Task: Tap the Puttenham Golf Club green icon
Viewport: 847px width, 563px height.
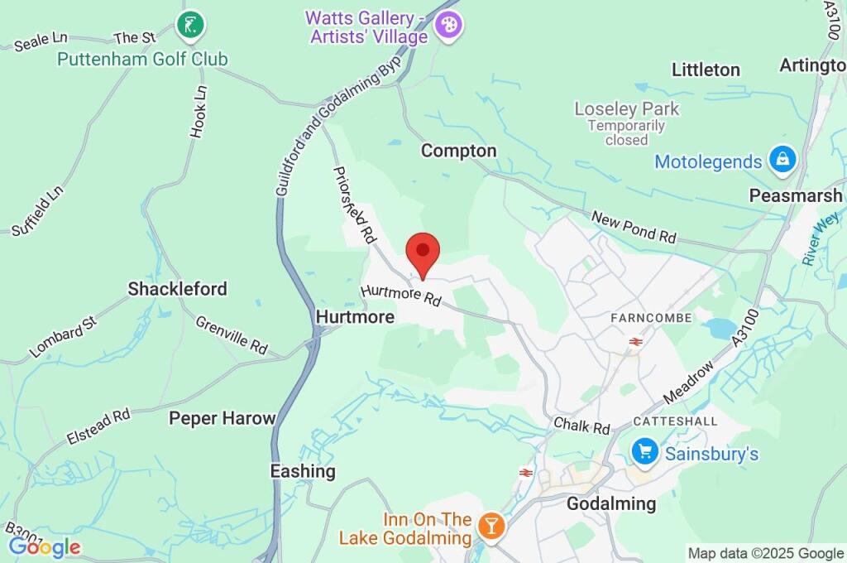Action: pyautogui.click(x=189, y=25)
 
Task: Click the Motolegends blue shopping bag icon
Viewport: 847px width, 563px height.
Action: pyautogui.click(x=782, y=161)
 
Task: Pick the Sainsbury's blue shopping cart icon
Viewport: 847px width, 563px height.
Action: pyautogui.click(x=644, y=452)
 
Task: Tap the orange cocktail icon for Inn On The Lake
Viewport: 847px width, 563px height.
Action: pyautogui.click(x=491, y=526)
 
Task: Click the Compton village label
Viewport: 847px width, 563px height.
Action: pyautogui.click(x=458, y=151)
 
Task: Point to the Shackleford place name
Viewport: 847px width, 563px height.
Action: pyautogui.click(x=177, y=289)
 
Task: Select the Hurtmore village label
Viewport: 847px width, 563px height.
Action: pyautogui.click(x=354, y=317)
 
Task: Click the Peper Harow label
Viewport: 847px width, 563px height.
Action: pyautogui.click(x=222, y=418)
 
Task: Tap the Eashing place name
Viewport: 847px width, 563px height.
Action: pyautogui.click(x=303, y=471)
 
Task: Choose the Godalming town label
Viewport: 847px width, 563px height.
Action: pyautogui.click(x=610, y=503)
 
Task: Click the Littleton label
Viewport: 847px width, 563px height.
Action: pyautogui.click(x=706, y=70)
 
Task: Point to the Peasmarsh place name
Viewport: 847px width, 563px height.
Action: pyautogui.click(x=796, y=196)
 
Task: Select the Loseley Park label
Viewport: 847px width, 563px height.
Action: pyautogui.click(x=626, y=108)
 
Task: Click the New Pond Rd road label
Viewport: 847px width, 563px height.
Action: pyautogui.click(x=634, y=226)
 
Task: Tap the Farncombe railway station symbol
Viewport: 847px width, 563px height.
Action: pyautogui.click(x=636, y=341)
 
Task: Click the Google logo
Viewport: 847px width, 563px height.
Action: pyautogui.click(x=45, y=547)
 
